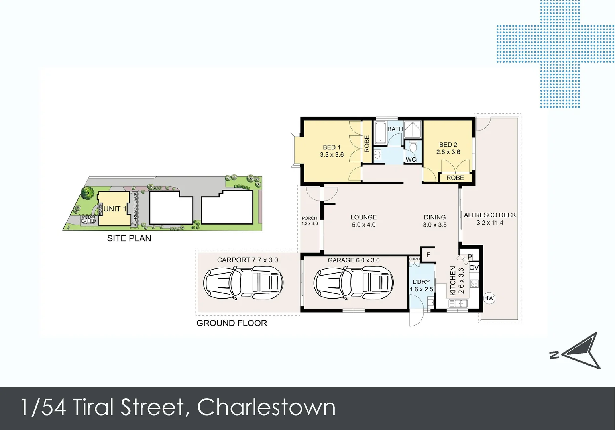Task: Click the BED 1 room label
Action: pyautogui.click(x=332, y=147)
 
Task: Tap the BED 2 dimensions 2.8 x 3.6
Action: pyautogui.click(x=448, y=152)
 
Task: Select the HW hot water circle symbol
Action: pyautogui.click(x=489, y=298)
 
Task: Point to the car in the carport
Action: pyautogui.click(x=243, y=283)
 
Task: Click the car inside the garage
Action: pyautogui.click(x=354, y=283)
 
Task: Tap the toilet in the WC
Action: pyautogui.click(x=413, y=147)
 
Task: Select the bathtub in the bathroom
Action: pyautogui.click(x=380, y=132)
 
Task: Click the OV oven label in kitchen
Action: pyautogui.click(x=474, y=268)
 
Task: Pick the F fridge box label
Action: pyautogui.click(x=428, y=255)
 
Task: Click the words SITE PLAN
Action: pyautogui.click(x=129, y=238)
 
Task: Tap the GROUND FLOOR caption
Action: pyautogui.click(x=232, y=323)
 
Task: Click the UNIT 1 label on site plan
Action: pyautogui.click(x=115, y=209)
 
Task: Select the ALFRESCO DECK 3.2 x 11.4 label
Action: pyautogui.click(x=490, y=219)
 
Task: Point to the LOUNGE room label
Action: pyautogui.click(x=363, y=217)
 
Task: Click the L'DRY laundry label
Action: pyautogui.click(x=421, y=282)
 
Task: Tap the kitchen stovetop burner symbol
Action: pyautogui.click(x=474, y=283)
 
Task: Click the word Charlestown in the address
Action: pyautogui.click(x=266, y=407)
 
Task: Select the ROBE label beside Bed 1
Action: pyautogui.click(x=367, y=144)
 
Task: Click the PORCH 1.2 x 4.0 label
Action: pyautogui.click(x=309, y=221)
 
